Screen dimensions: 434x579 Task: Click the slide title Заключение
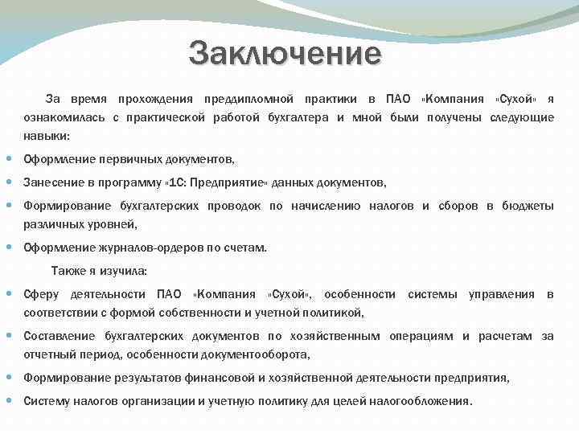point(285,55)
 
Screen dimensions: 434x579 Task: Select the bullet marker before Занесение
point(11,182)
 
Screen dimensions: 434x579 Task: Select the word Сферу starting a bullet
point(41,294)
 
